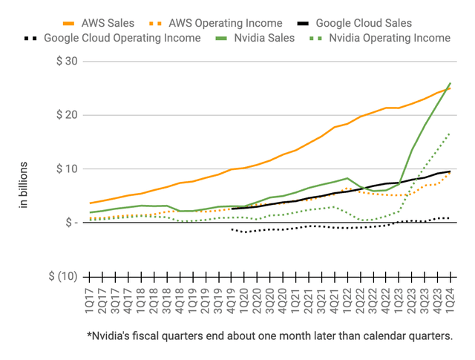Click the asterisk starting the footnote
(90, 335)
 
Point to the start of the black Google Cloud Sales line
(232, 209)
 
